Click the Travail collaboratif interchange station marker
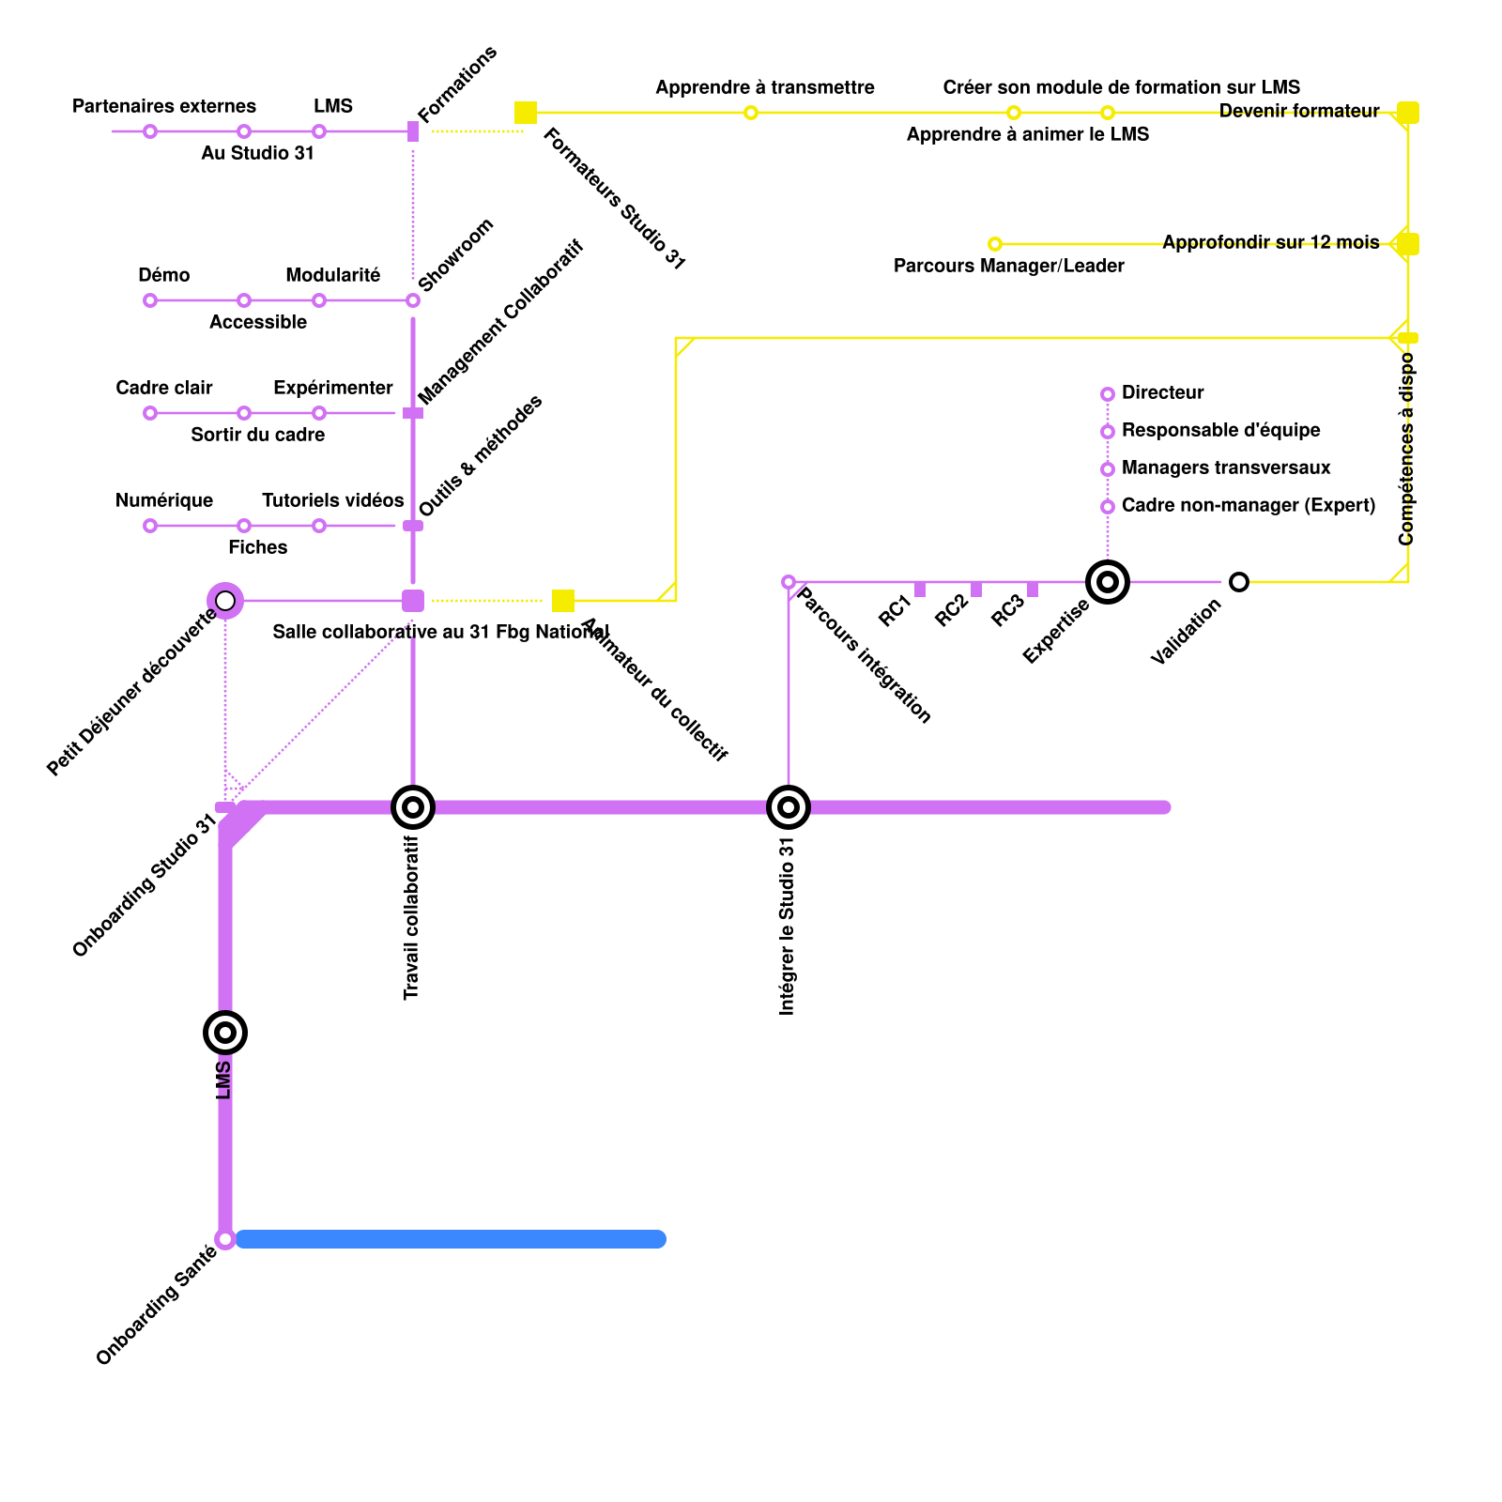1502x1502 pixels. [x=413, y=807]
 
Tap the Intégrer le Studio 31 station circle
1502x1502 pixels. [x=789, y=807]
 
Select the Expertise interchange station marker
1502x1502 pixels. [x=1108, y=582]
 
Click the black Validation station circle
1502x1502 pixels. [x=1239, y=582]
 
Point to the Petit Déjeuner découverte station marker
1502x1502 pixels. [x=225, y=601]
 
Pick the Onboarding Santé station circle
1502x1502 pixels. [x=225, y=1239]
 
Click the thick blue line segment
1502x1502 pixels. [x=451, y=1239]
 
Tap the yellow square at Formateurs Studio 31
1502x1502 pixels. [x=526, y=113]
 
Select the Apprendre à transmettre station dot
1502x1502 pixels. [x=751, y=113]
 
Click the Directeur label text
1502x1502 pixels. [x=1162, y=392]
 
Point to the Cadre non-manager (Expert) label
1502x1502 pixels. [x=1248, y=505]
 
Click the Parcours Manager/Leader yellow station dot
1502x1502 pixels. [x=995, y=244]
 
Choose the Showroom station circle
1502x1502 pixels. [x=413, y=300]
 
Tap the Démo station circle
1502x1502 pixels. [x=150, y=300]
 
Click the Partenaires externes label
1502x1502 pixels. [x=164, y=106]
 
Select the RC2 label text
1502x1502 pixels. [x=951, y=610]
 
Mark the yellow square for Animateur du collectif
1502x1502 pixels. [x=563, y=601]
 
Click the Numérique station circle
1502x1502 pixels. [x=150, y=526]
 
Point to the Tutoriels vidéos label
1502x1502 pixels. [x=332, y=500]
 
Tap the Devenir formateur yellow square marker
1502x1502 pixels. [x=1408, y=113]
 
